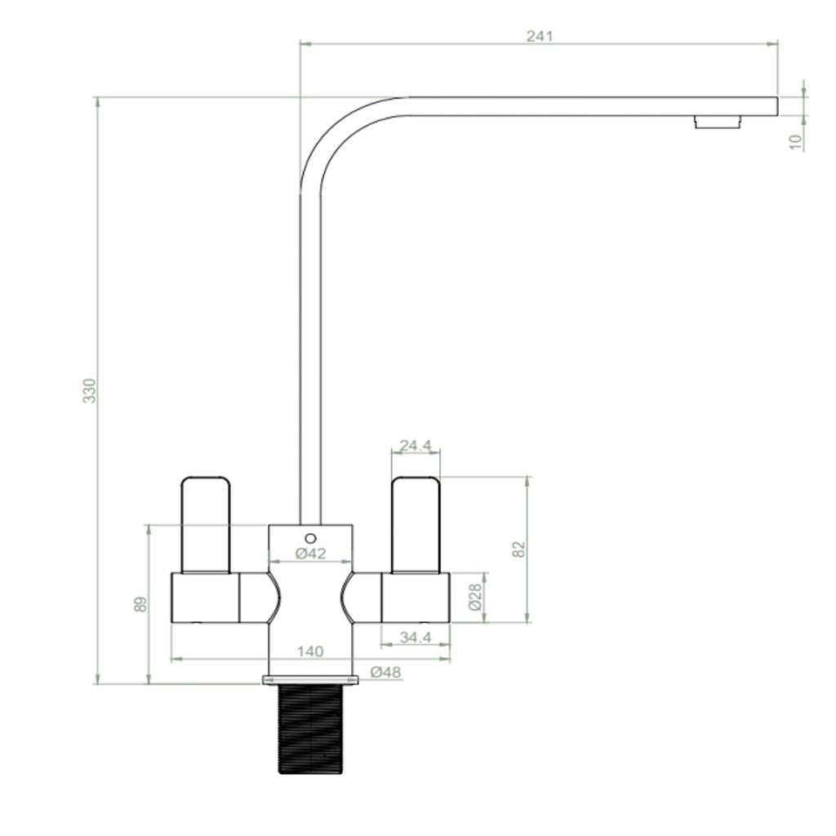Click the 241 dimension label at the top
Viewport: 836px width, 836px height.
[x=539, y=36]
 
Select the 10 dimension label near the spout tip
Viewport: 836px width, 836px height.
[x=796, y=140]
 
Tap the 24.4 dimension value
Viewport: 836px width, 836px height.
[x=416, y=446]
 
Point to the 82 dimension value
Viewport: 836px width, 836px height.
[x=519, y=549]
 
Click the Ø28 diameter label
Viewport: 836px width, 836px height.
[x=475, y=597]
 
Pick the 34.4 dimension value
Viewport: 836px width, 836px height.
[x=416, y=637]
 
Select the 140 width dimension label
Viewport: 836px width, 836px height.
[x=310, y=651]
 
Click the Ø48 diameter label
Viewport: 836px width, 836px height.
[x=385, y=672]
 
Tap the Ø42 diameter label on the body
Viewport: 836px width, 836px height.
[x=310, y=554]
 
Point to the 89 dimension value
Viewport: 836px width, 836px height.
[x=140, y=604]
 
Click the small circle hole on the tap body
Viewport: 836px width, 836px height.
[x=310, y=538]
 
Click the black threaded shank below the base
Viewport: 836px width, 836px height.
[x=310, y=728]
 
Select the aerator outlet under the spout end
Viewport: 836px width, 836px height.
[x=718, y=122]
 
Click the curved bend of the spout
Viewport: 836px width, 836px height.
[x=343, y=135]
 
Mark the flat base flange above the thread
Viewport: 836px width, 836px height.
[x=310, y=679]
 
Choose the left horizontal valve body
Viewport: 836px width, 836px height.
[x=205, y=598]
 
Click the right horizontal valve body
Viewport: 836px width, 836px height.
[x=416, y=598]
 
